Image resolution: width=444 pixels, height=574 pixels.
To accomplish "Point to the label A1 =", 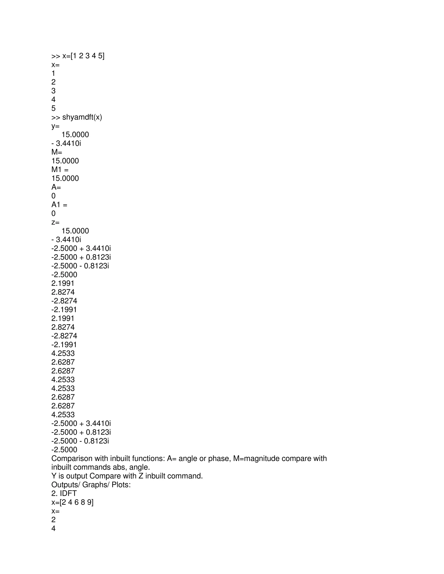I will (59, 205).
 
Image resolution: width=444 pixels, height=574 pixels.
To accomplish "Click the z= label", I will (55, 222).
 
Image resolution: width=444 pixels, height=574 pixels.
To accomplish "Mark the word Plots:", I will (121, 485).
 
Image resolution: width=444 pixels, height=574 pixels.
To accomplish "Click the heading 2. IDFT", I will (64, 494).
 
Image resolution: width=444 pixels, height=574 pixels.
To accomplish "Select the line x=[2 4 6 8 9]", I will (72, 502).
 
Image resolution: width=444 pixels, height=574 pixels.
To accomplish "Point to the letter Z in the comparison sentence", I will (141, 476).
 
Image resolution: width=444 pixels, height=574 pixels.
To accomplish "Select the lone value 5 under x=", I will (53, 108).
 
